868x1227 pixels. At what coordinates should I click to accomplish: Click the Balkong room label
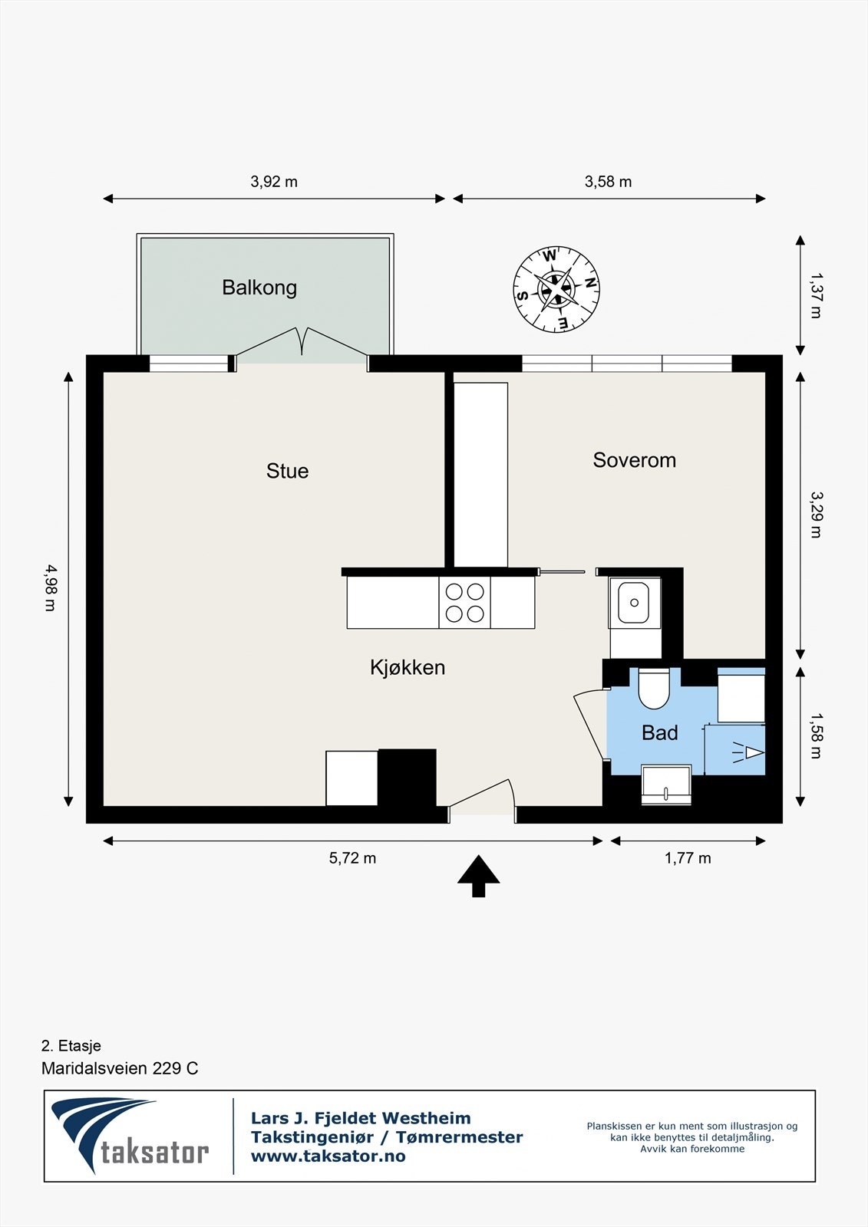tap(259, 288)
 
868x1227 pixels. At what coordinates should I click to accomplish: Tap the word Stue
tap(287, 471)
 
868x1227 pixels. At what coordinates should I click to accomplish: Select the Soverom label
tap(635, 460)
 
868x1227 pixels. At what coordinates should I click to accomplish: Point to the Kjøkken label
tap(408, 668)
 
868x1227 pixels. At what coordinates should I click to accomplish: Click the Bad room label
tap(660, 733)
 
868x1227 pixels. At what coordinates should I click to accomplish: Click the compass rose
tap(556, 289)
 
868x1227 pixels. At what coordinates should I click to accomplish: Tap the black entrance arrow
tap(479, 876)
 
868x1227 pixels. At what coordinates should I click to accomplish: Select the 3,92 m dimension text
tap(274, 182)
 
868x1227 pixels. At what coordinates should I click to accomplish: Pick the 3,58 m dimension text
tap(608, 182)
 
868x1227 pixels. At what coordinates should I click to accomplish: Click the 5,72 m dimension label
tap(352, 858)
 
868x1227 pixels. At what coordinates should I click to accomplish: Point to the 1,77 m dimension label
tap(688, 858)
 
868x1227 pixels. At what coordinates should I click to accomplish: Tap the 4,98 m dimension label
tap(50, 587)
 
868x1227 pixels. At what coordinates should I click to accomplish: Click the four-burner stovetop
tap(464, 603)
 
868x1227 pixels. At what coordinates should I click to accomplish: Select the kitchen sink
tap(634, 603)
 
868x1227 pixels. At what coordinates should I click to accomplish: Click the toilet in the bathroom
tap(654, 688)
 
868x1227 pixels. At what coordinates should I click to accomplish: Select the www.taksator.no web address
tap(328, 1156)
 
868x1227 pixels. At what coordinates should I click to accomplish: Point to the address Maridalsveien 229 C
tap(120, 1069)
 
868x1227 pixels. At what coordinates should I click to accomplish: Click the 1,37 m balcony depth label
tap(816, 296)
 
